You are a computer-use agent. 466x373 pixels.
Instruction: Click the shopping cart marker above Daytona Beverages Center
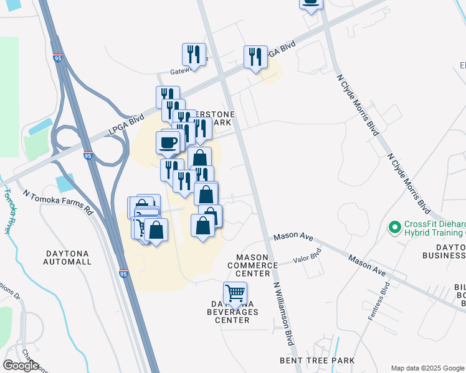235,293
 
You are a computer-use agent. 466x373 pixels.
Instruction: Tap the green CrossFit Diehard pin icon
394,228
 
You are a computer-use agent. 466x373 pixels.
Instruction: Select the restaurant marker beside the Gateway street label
194,55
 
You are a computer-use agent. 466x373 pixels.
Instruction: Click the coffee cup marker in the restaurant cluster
167,142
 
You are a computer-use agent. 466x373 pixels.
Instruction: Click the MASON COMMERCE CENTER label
257,265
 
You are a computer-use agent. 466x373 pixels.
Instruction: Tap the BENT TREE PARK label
317,361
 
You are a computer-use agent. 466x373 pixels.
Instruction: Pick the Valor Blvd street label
307,255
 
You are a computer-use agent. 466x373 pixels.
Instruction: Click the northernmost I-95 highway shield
58,58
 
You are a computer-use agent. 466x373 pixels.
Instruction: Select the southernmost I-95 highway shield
123,273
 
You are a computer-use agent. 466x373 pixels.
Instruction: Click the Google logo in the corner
21,366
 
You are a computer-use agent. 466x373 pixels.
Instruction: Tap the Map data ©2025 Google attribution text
427,368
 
